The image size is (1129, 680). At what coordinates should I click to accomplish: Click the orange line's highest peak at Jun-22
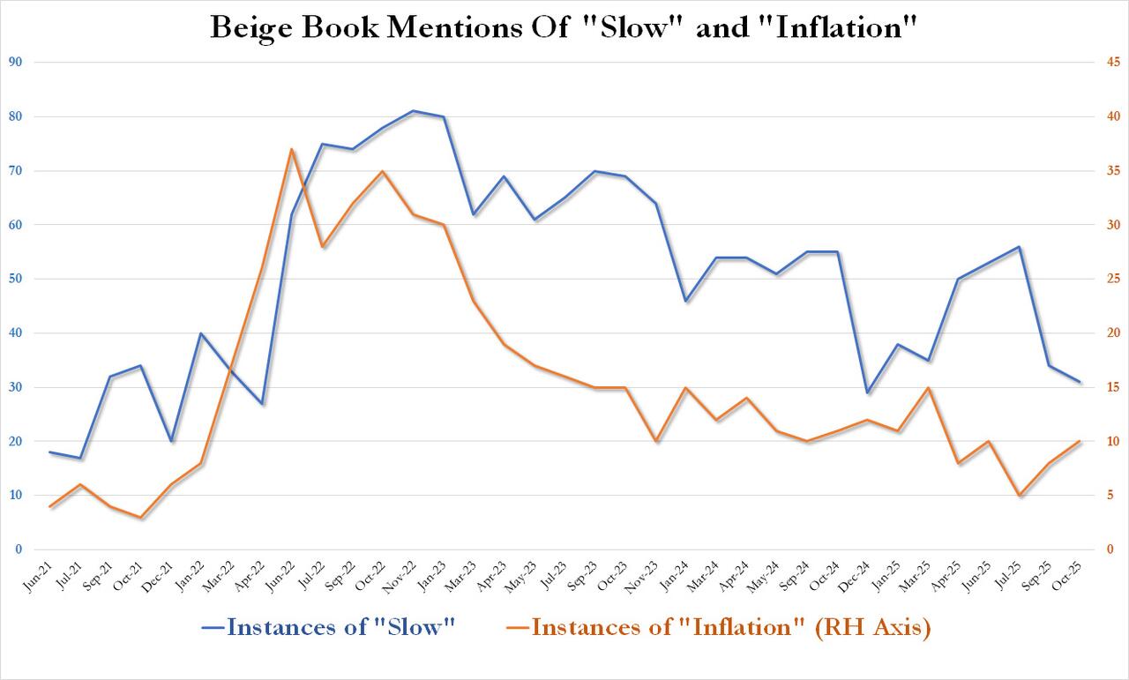[x=291, y=149]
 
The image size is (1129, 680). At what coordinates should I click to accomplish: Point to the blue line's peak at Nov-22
[x=413, y=111]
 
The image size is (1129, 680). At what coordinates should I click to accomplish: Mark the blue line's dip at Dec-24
[x=868, y=392]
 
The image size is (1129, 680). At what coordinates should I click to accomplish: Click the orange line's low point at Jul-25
[x=1020, y=496]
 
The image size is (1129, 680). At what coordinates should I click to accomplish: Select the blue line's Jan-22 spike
[x=201, y=333]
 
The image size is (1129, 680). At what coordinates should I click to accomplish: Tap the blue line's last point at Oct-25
[x=1080, y=382]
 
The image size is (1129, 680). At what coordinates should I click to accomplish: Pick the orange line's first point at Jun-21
[x=49, y=506]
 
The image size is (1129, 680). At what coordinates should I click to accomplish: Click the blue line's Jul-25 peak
[x=1020, y=247]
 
